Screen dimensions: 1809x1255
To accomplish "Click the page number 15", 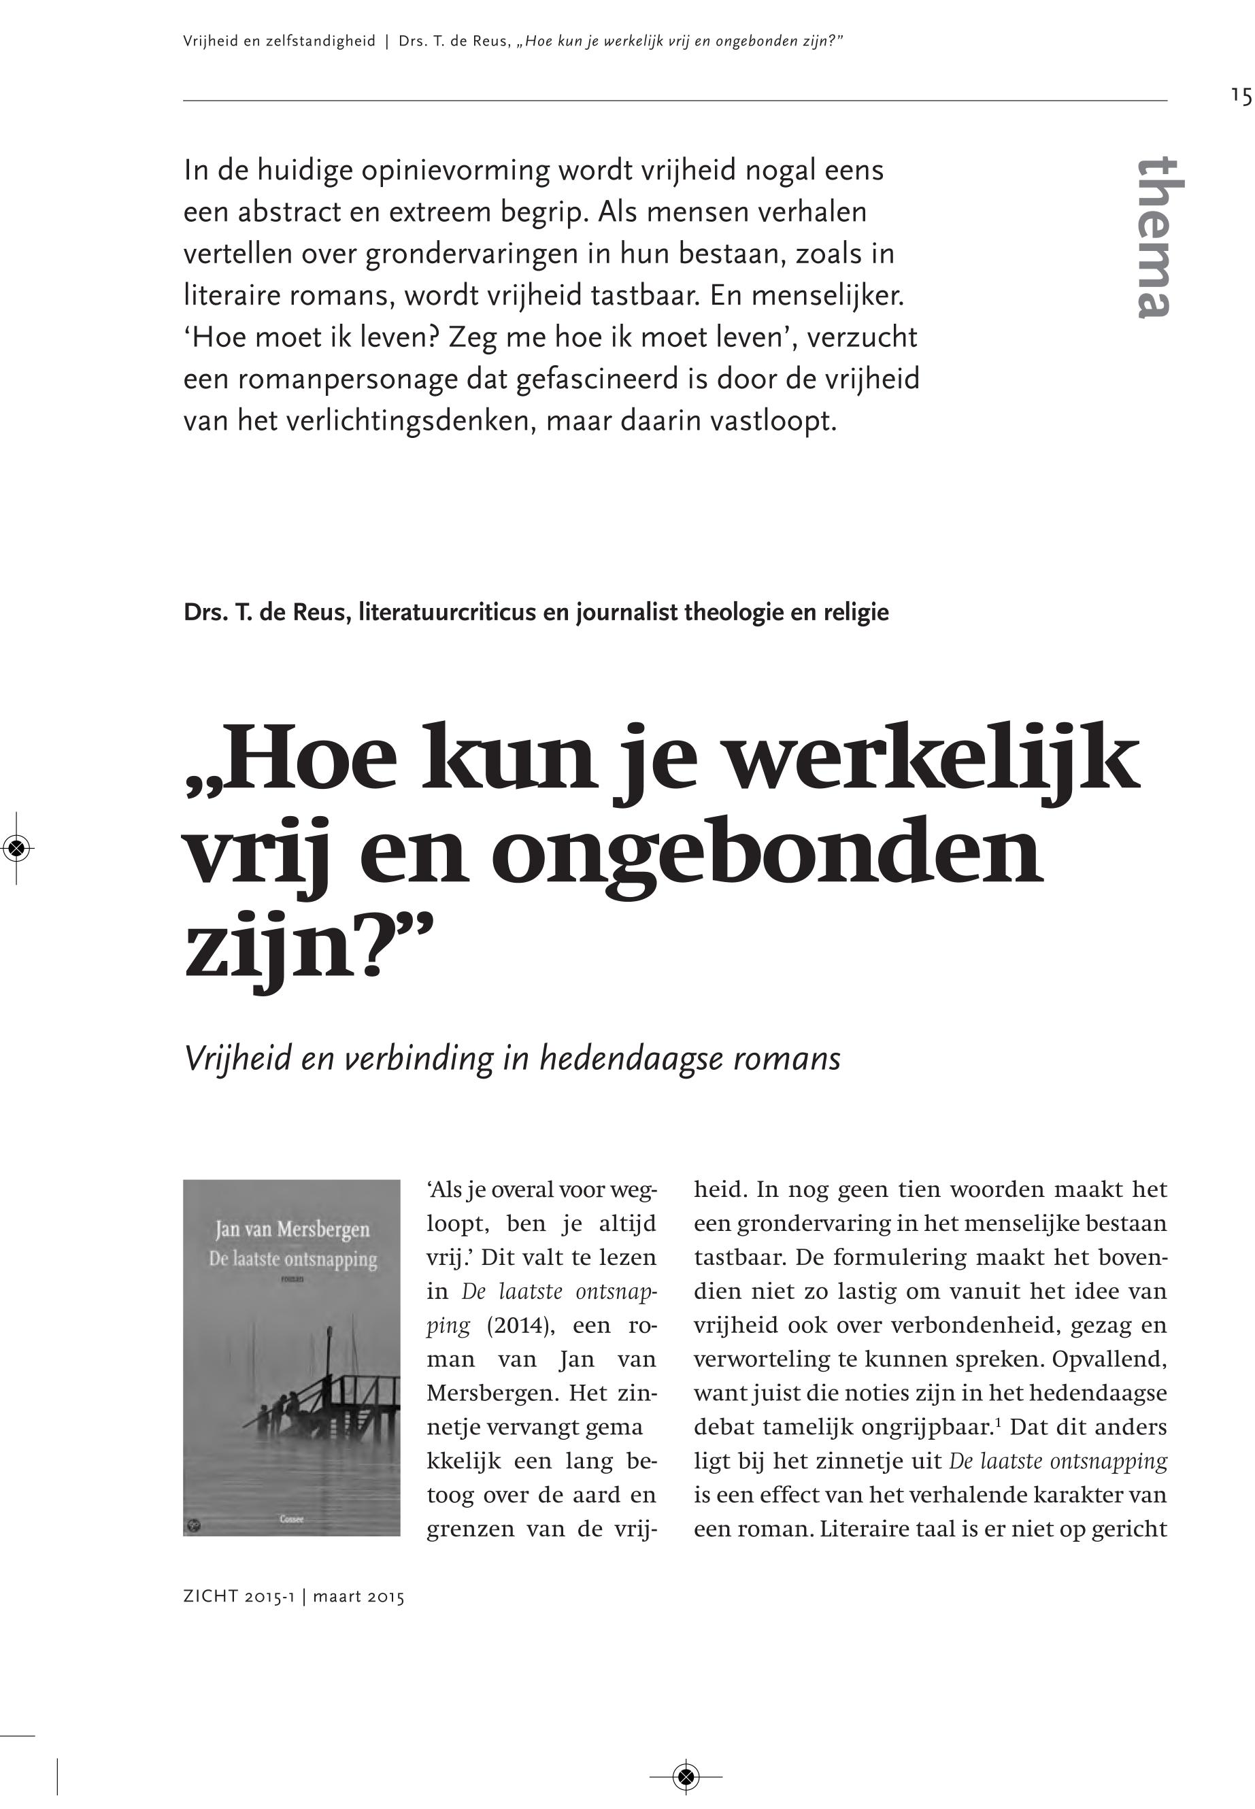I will [1241, 96].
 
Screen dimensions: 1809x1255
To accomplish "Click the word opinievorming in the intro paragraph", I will [455, 171].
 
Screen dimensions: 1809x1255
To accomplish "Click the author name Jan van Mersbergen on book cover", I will [292, 1229].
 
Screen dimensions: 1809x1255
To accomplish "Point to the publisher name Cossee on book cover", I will [292, 1518].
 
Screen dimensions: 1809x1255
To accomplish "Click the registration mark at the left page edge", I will [17, 847].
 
